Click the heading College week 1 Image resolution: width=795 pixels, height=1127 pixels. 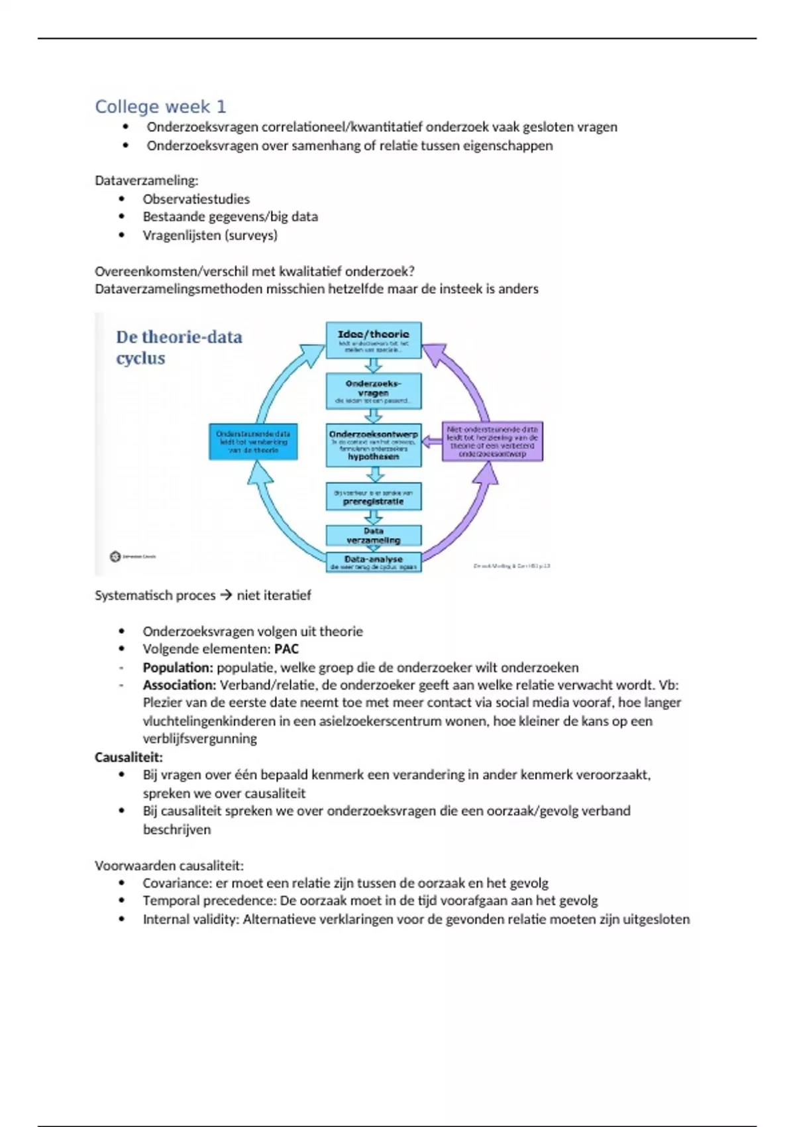coord(160,107)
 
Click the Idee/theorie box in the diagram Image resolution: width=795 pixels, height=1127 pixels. coord(374,340)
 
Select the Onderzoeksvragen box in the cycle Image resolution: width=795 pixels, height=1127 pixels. coord(374,391)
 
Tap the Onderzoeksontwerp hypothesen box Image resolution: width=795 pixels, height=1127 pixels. coord(374,445)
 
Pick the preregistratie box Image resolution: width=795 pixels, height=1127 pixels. coord(374,497)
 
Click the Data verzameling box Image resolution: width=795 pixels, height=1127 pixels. coord(374,536)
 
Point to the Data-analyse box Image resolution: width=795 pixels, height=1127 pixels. coord(374,562)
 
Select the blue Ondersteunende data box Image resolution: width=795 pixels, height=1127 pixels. coord(253,442)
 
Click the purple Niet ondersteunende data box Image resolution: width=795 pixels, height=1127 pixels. coord(492,442)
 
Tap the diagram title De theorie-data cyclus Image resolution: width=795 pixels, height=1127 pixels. coord(179,347)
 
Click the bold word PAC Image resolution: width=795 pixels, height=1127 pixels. coord(286,649)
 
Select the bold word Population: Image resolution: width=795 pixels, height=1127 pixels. coord(178,668)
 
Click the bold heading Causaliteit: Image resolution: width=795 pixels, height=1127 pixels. coord(129,757)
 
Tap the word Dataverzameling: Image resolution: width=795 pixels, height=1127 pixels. coord(146,180)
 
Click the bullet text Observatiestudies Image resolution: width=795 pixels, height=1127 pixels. coord(196,199)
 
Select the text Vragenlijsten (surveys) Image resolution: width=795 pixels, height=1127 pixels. coord(210,235)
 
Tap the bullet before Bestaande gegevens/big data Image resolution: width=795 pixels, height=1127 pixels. coord(122,217)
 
